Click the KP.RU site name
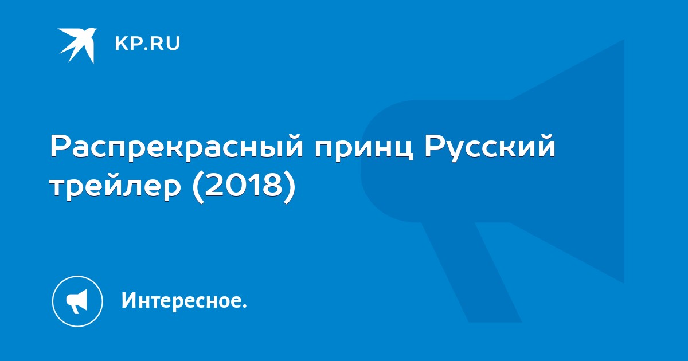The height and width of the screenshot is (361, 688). click(x=147, y=44)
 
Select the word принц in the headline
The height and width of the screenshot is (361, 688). click(x=363, y=149)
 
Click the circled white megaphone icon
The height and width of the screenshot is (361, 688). click(x=77, y=301)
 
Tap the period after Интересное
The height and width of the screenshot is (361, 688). click(x=244, y=306)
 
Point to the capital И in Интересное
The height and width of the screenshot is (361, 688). click(x=129, y=300)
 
